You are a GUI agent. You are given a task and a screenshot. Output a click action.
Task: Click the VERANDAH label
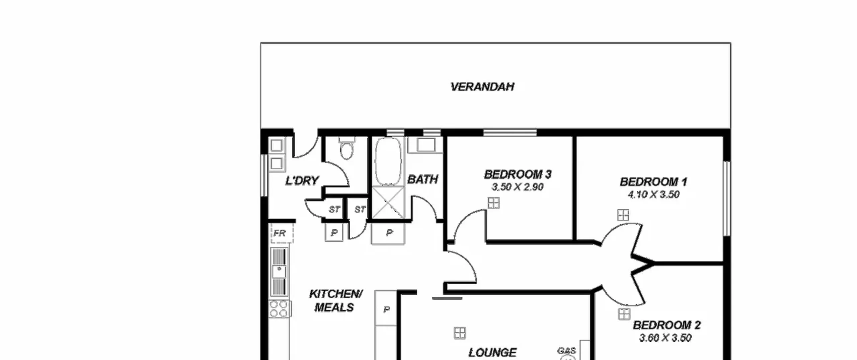pyautogui.click(x=482, y=87)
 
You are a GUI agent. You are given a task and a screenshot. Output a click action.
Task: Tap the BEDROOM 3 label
pyautogui.click(x=518, y=174)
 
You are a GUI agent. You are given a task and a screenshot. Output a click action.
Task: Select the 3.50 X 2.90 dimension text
pyautogui.click(x=518, y=187)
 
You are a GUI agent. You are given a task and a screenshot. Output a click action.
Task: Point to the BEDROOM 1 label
pyautogui.click(x=653, y=182)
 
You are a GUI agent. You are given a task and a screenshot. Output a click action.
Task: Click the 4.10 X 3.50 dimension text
pyautogui.click(x=653, y=195)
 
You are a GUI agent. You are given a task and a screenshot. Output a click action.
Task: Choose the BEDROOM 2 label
pyautogui.click(x=667, y=325)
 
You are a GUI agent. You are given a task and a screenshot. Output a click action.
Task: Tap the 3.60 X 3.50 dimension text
pyautogui.click(x=666, y=338)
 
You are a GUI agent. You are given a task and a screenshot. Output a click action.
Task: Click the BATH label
pyautogui.click(x=422, y=179)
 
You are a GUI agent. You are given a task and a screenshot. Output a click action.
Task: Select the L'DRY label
pyautogui.click(x=302, y=181)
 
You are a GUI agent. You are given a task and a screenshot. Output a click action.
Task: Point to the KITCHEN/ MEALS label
pyautogui.click(x=335, y=301)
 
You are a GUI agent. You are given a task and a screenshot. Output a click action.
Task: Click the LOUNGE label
pyautogui.click(x=492, y=352)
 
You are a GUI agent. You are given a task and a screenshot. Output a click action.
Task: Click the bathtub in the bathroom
pyautogui.click(x=388, y=161)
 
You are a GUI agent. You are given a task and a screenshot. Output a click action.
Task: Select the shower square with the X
pyautogui.click(x=388, y=203)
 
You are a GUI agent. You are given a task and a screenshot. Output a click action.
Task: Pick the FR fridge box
pyautogui.click(x=281, y=233)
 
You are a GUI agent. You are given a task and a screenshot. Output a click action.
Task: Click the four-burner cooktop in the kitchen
pyautogui.click(x=279, y=309)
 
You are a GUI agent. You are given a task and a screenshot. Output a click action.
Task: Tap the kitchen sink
pyautogui.click(x=279, y=272)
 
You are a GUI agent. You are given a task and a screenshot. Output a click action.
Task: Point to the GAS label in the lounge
pyautogui.click(x=566, y=351)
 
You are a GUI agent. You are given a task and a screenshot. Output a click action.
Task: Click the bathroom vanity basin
pyautogui.click(x=426, y=145)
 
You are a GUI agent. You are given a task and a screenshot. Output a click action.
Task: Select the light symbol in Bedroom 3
pyautogui.click(x=493, y=203)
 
